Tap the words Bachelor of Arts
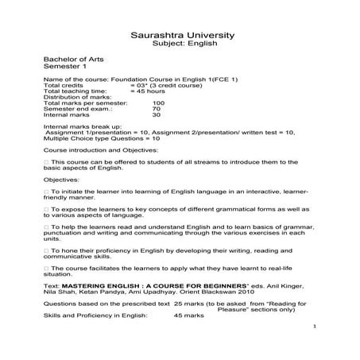[69, 61]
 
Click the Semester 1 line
[63, 68]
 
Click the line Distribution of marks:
[75, 97]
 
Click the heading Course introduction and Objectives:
[101, 149]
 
